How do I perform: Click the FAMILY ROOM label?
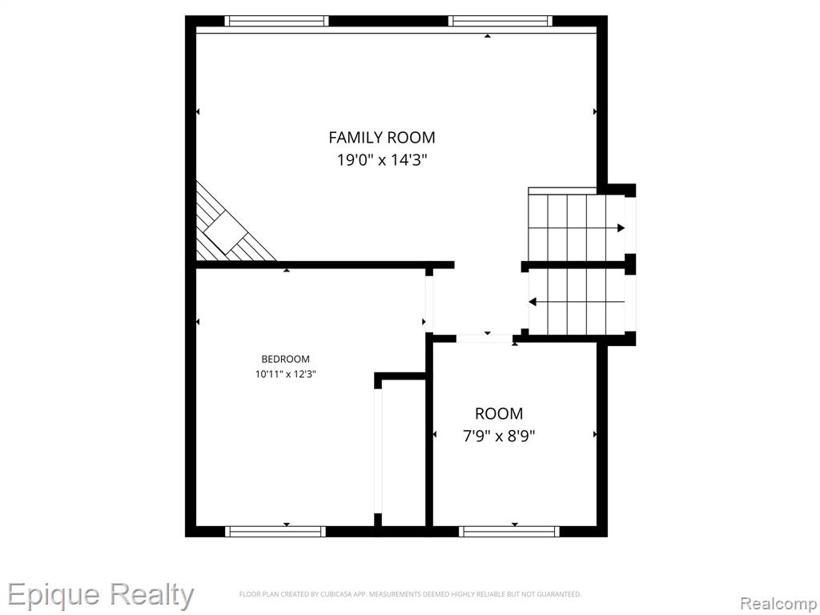382,138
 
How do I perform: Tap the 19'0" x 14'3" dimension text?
382,159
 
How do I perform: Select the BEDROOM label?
286,360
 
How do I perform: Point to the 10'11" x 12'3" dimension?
286,375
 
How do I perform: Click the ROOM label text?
499,414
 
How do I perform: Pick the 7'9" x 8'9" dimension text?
499,436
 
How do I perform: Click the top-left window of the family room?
276,21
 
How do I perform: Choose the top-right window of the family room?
500,21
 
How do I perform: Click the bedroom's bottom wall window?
275,532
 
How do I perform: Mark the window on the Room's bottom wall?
509,532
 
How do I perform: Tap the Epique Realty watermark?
100,595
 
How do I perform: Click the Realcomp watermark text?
779,604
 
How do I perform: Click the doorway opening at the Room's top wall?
484,339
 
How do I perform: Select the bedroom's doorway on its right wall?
429,303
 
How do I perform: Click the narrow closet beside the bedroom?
404,453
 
